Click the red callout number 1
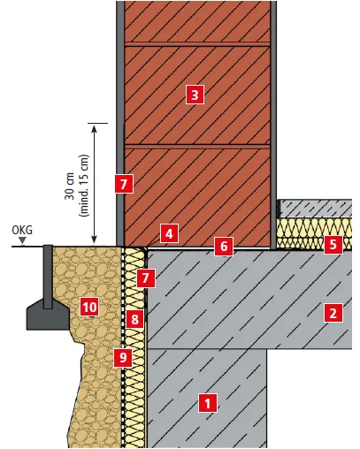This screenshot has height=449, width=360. [208, 403]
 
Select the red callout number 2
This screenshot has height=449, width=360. [333, 313]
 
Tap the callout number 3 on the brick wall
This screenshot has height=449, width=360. [195, 95]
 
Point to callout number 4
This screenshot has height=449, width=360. [169, 233]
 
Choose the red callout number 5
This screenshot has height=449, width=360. [333, 244]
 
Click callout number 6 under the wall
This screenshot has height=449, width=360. [224, 246]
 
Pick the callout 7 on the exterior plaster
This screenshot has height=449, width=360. [124, 184]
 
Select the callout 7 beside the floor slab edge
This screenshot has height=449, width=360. [145, 278]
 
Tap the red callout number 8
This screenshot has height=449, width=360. [134, 319]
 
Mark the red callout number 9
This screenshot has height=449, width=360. [123, 357]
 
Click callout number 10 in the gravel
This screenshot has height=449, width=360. [89, 307]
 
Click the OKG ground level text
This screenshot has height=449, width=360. [22, 230]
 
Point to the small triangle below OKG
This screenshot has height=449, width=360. [22, 241]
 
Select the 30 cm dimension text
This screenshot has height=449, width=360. [70, 186]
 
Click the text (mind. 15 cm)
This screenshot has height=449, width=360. [84, 186]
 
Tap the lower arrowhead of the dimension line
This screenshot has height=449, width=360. [94, 240]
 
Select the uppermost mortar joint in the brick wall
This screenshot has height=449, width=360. [197, 44]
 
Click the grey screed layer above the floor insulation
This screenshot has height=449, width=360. [315, 209]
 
